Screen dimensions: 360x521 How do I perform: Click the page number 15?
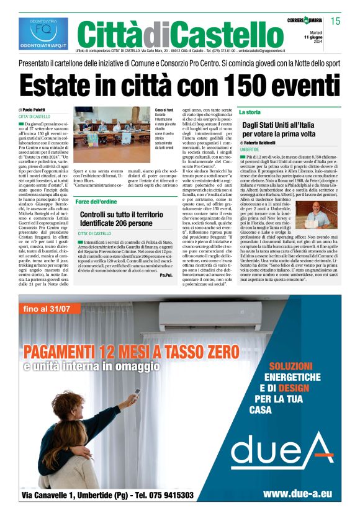pyautogui.click(x=336, y=22)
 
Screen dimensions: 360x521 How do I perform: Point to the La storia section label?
pyautogui.click(x=250, y=112)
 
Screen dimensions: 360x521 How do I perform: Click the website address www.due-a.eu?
pyautogui.click(x=297, y=494)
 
